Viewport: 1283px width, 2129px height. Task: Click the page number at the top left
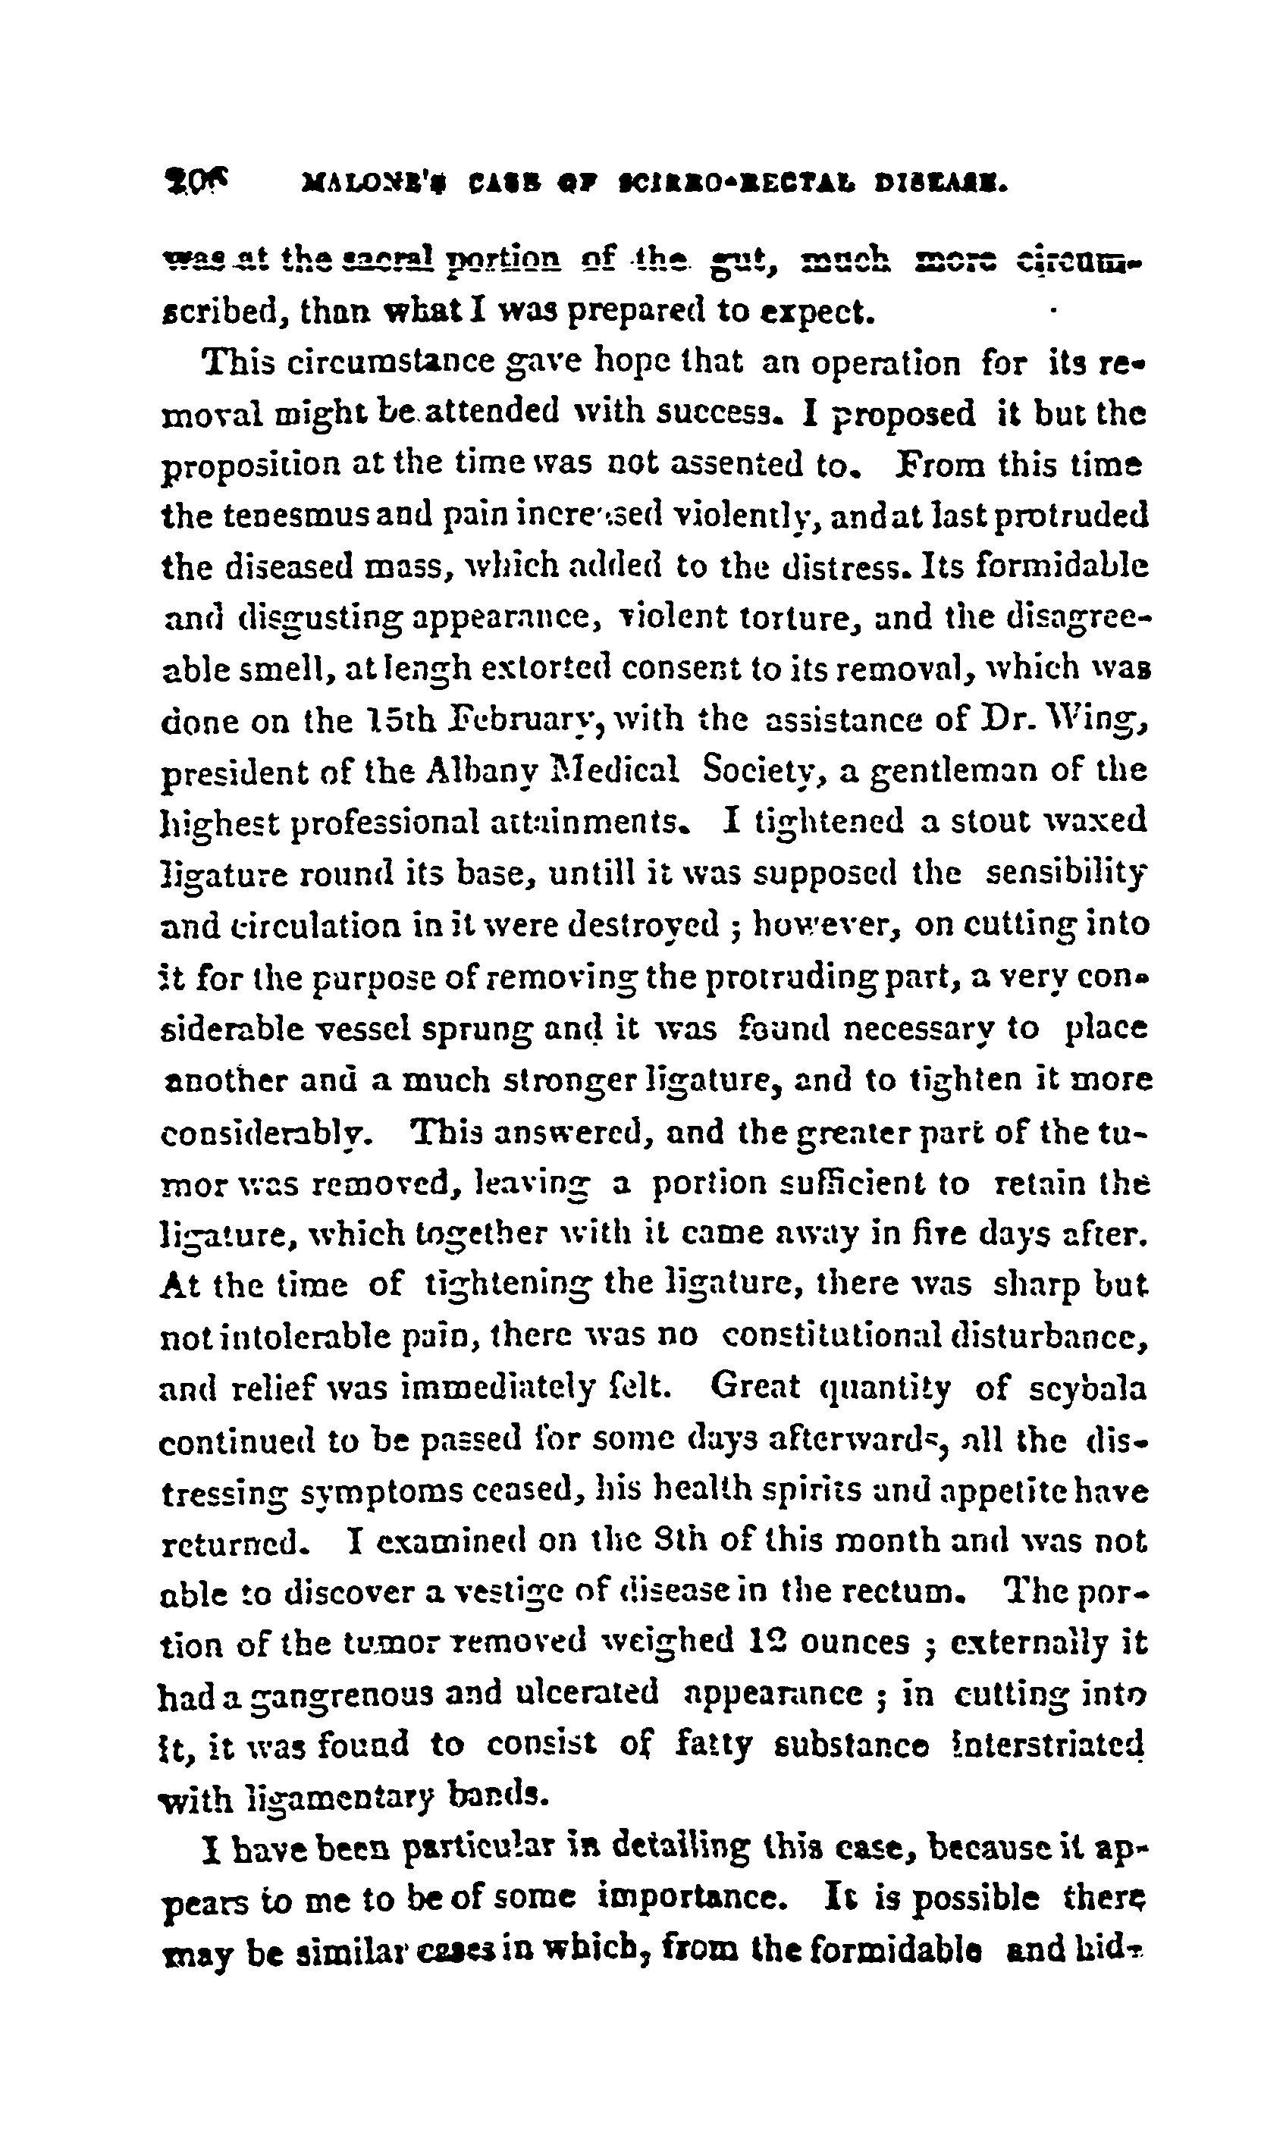click(x=194, y=183)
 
